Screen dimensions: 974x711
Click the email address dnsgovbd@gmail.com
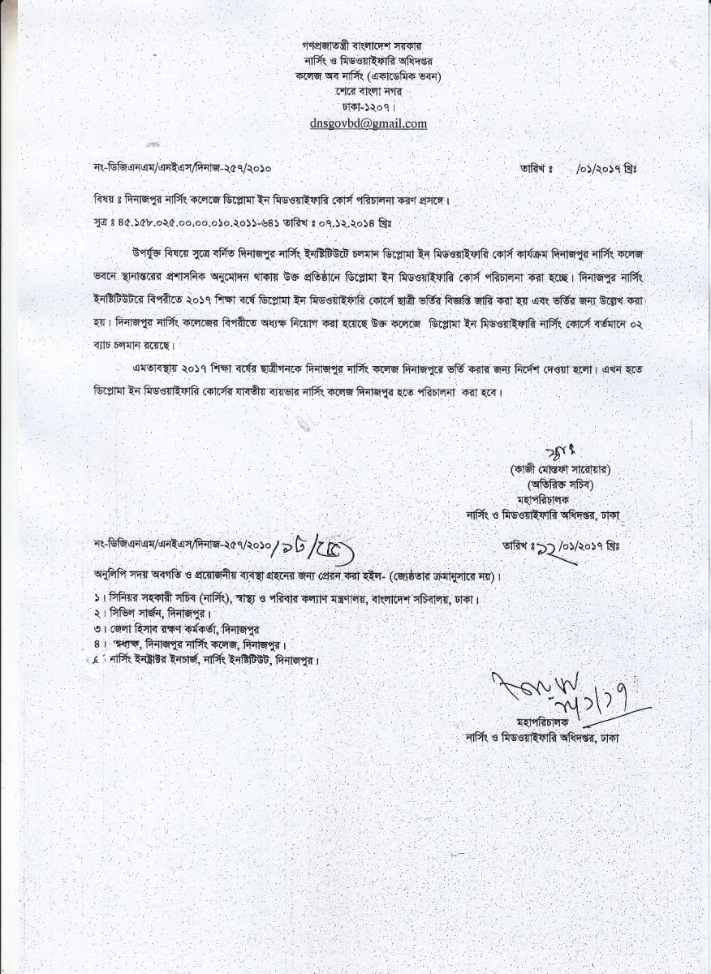(368, 123)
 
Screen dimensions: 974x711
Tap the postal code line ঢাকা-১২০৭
(368, 106)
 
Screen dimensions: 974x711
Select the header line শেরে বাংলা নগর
(368, 91)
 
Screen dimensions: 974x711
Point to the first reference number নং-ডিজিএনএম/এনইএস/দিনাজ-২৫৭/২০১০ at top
(183, 169)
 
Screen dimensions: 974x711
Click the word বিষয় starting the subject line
(106, 200)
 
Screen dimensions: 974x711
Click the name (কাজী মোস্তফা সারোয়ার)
(561, 469)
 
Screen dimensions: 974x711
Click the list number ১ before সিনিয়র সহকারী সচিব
(97, 599)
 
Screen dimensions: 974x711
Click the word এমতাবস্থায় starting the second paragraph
(153, 369)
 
